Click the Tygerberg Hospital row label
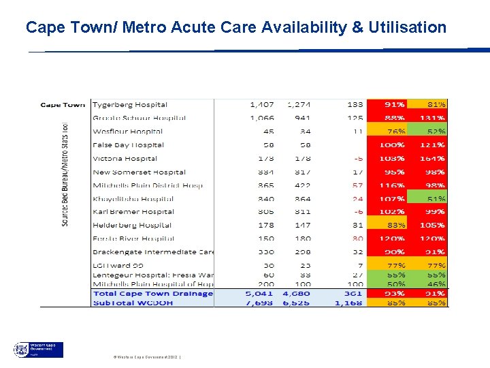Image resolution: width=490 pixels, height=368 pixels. (x=129, y=105)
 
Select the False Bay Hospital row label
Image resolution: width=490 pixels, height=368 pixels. (x=128, y=145)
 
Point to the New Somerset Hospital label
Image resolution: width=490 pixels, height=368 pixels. (x=139, y=172)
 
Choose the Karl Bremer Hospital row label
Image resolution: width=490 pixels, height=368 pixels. (x=133, y=212)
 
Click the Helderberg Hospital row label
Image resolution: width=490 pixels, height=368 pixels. (x=131, y=226)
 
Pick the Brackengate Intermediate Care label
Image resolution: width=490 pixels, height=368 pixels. (x=153, y=252)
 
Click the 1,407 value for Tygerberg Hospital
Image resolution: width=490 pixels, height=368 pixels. (x=262, y=105)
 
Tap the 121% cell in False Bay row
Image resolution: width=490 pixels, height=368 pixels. (x=433, y=145)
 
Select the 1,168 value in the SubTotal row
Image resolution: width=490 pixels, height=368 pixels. (x=348, y=302)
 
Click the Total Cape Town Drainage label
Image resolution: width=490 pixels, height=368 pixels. (x=152, y=294)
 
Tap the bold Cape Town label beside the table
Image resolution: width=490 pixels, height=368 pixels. (x=63, y=105)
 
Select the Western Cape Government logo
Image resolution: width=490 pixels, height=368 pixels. (x=39, y=350)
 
